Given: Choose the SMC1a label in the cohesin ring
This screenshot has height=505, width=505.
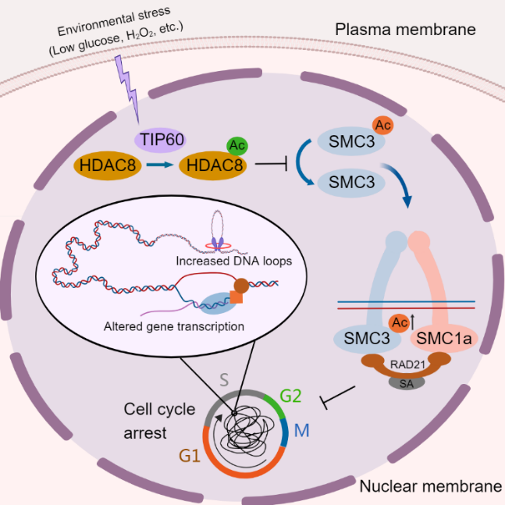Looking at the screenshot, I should coord(443,338).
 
